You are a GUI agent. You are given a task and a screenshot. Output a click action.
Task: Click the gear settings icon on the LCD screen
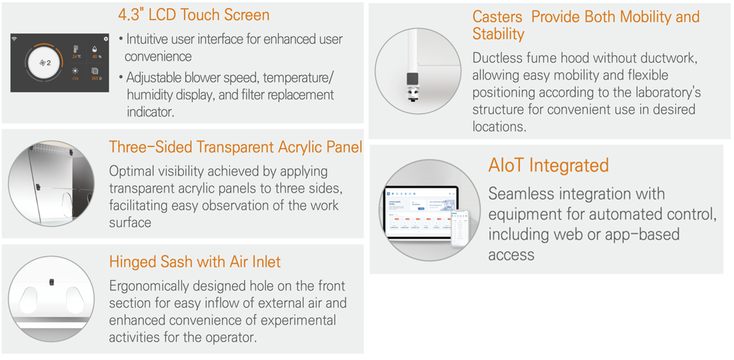105,39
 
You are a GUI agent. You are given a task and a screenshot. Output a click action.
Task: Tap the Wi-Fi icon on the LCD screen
14,39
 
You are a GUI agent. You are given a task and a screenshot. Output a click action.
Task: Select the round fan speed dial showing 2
44,62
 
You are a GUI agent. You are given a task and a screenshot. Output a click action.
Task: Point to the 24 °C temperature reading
76,56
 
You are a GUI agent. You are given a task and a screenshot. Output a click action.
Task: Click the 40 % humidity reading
96,56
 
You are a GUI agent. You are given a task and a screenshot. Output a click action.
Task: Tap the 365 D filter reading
96,78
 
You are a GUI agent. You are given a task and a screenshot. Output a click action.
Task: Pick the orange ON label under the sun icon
75,79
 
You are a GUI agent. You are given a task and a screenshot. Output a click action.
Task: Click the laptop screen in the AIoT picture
421,211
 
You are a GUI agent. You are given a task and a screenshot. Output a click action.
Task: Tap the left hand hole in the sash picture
29,300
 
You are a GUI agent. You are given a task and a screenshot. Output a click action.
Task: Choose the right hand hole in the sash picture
75,300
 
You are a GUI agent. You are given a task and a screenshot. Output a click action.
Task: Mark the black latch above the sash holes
51,282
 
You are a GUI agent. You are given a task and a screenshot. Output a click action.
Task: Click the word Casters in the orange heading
497,17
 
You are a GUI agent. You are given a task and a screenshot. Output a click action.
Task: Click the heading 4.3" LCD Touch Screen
194,15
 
